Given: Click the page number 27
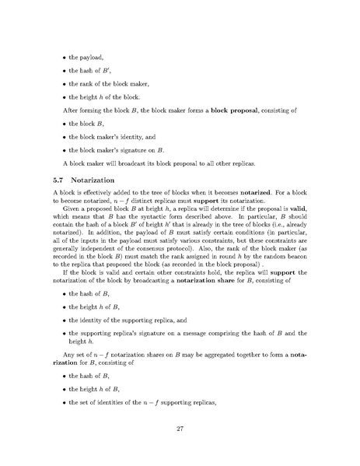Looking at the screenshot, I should pyautogui.click(x=180, y=427).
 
